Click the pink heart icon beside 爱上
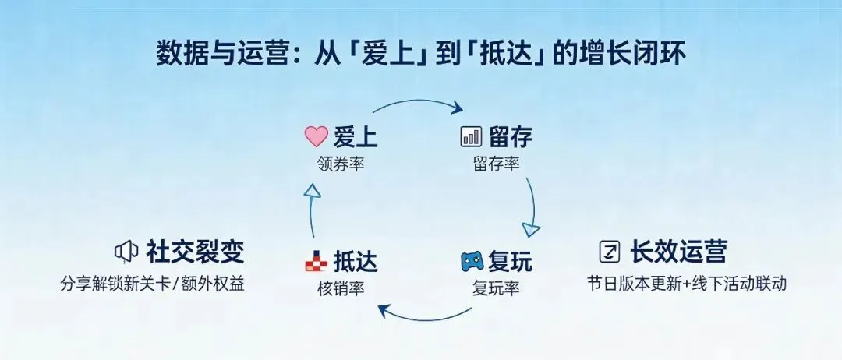(316, 138)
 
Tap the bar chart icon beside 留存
(471, 138)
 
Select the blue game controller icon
(472, 261)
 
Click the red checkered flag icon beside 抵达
(316, 262)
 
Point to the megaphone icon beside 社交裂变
(126, 252)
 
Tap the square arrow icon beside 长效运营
(609, 252)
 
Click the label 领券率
(341, 164)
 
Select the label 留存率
(496, 164)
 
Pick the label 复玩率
(496, 288)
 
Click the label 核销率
(341, 288)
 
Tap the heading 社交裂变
(195, 252)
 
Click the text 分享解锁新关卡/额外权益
(153, 283)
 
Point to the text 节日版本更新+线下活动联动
(687, 283)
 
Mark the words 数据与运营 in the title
(200, 55)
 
